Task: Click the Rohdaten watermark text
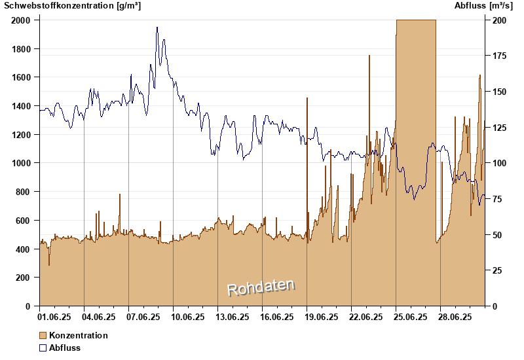point(261,287)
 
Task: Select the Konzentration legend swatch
point(43,335)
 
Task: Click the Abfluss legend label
point(65,348)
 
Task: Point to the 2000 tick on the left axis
point(21,20)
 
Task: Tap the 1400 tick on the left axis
point(21,106)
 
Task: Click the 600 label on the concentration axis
point(24,221)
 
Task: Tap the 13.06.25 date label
point(233,317)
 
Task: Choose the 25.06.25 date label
point(411,317)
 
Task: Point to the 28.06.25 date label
point(455,317)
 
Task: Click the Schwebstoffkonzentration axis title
point(73,6)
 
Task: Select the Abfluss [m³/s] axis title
point(483,6)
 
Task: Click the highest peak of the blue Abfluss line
point(157,28)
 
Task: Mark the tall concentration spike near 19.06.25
point(307,99)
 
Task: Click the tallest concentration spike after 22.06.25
point(369,57)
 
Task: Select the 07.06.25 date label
point(143,317)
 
